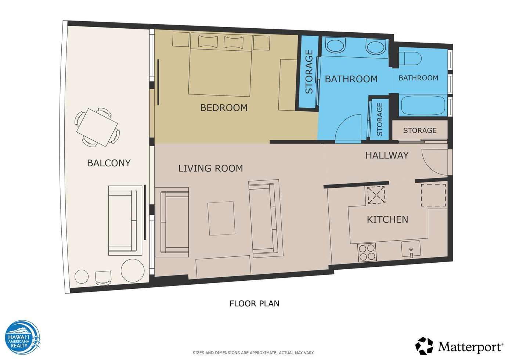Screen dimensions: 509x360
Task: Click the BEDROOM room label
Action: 224,108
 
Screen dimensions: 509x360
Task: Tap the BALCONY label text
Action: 109,163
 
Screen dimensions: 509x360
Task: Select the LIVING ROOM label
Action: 211,168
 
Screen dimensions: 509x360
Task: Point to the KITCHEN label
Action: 387,219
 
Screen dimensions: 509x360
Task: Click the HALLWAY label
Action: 387,155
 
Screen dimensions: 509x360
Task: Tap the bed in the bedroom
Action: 220,64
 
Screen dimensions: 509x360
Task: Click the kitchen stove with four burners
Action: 367,252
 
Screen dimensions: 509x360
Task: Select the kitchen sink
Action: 411,249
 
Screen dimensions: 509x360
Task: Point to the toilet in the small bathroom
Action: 410,58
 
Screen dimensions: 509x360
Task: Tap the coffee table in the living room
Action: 221,219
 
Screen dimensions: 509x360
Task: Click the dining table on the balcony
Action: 97,127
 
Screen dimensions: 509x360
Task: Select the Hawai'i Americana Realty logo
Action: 23,337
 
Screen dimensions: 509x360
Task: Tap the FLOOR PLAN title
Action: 254,303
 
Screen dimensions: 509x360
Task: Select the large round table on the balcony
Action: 133,271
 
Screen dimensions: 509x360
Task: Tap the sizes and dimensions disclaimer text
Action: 254,353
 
